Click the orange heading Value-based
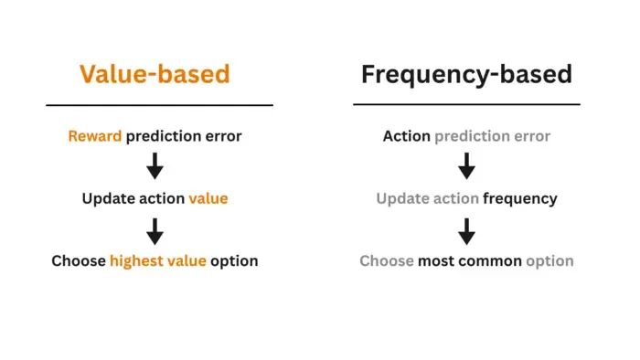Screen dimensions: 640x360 (155, 74)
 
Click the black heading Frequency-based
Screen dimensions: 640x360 (466, 75)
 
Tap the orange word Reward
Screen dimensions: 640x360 (95, 136)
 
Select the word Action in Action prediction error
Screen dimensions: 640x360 (407, 136)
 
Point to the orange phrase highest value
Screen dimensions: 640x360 (158, 261)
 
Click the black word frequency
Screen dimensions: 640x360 (520, 199)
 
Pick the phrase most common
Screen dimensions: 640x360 (470, 261)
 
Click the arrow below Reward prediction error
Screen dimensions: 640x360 (155, 166)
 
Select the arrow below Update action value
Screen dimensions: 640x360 (155, 231)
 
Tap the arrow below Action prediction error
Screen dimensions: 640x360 (466, 166)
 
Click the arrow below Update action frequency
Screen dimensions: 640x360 (466, 231)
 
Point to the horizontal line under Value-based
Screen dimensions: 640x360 (160, 105)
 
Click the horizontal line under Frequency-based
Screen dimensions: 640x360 (466, 104)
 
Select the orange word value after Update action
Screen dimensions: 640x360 (208, 198)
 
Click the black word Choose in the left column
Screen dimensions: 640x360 (79, 261)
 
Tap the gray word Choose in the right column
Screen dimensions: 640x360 (387, 261)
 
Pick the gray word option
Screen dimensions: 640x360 (549, 261)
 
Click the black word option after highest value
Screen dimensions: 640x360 (234, 261)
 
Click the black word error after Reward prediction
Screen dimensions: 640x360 (223, 136)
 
